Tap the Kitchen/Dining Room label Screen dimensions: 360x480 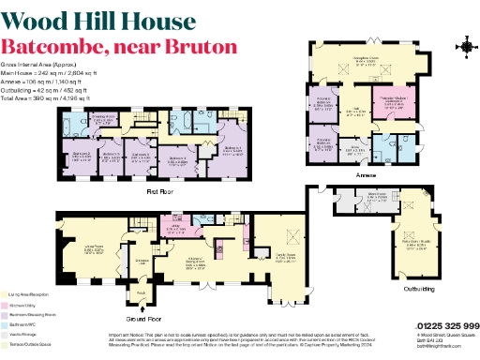click(x=196, y=263)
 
